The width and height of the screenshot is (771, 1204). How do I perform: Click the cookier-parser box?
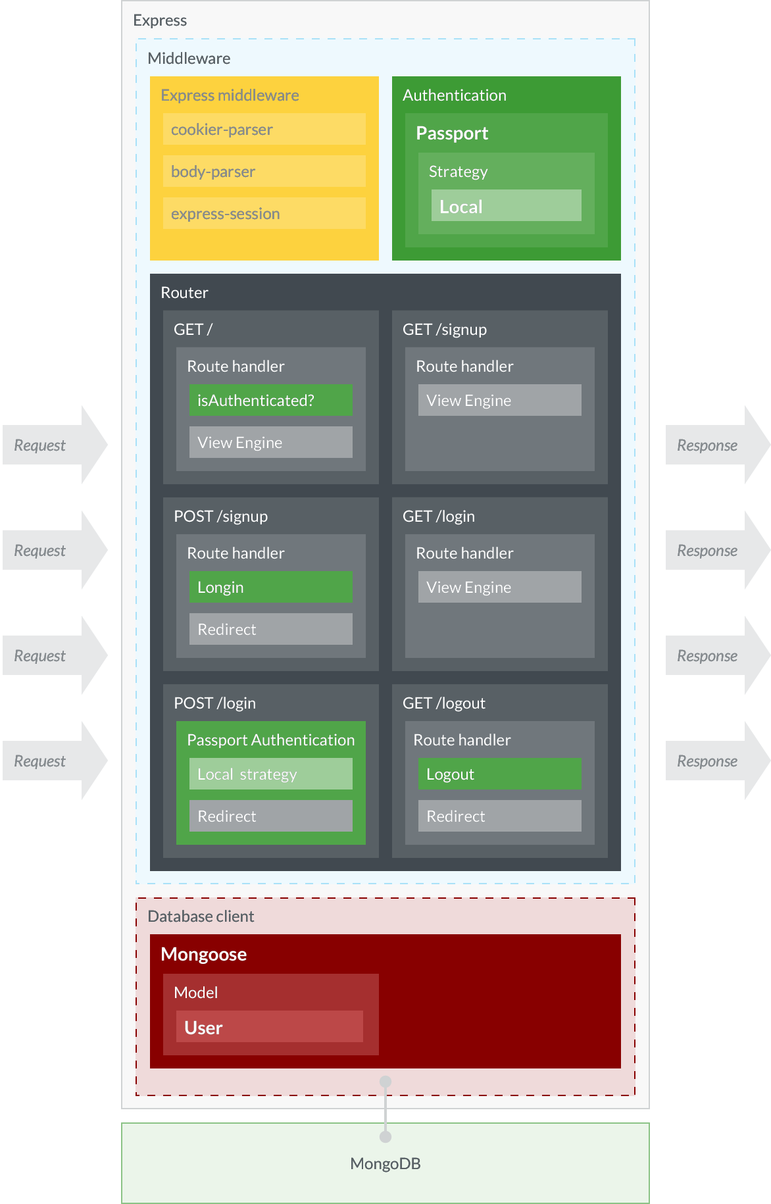[264, 129]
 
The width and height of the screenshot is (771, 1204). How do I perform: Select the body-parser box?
[264, 171]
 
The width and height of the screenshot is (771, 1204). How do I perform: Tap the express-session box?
[264, 213]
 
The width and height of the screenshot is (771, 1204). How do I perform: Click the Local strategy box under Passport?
[506, 206]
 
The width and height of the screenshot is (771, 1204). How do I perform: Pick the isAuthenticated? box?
[270, 400]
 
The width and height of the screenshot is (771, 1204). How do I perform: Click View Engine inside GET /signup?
[499, 400]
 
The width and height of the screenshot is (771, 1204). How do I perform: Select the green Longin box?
[270, 587]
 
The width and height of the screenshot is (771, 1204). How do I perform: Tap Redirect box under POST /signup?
[270, 629]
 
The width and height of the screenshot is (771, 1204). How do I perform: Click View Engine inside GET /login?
[499, 587]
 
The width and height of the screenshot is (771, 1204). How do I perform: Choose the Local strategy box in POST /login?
[270, 774]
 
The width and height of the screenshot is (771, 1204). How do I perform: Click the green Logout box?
[499, 774]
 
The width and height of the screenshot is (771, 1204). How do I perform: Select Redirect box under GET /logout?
[499, 816]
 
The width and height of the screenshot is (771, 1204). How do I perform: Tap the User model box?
[269, 1026]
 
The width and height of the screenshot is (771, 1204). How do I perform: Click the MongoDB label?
[385, 1163]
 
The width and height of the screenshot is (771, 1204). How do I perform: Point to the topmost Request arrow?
[53, 445]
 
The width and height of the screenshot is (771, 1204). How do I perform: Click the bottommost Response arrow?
[716, 761]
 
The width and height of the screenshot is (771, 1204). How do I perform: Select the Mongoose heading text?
[203, 954]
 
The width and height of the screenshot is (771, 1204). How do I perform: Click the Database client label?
[201, 916]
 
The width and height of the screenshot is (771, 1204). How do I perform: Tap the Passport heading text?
[452, 133]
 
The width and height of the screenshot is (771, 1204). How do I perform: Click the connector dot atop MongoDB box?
[385, 1137]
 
